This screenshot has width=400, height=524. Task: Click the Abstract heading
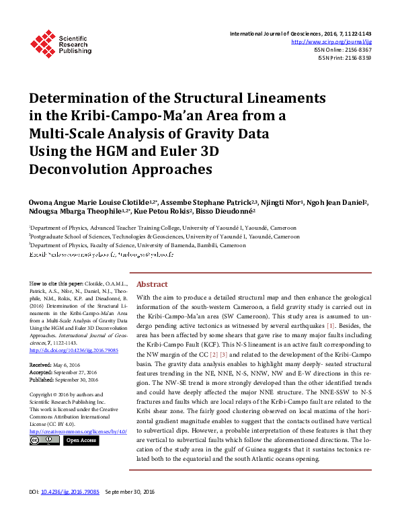(152, 284)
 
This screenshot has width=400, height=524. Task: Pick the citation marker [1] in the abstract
(330, 324)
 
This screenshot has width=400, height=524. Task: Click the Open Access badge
(80, 441)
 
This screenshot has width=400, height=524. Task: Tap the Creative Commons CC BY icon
(45, 441)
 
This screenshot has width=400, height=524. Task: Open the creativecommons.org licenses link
(75, 431)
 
